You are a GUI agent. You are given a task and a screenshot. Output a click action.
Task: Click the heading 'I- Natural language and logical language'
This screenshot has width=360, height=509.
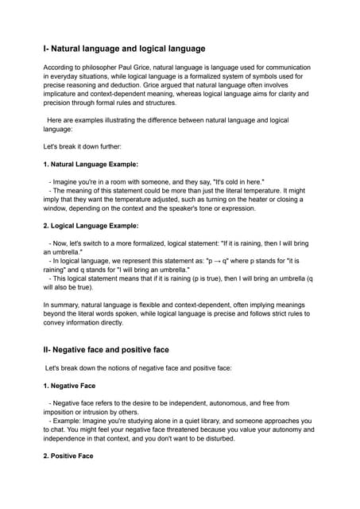(x=124, y=49)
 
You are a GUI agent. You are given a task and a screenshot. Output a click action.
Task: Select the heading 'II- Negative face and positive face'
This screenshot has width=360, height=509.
(x=116, y=349)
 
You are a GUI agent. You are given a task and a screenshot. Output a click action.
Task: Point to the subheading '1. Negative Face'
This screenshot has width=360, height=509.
(x=69, y=385)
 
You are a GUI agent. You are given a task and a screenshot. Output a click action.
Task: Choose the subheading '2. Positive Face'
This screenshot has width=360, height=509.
(x=68, y=457)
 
